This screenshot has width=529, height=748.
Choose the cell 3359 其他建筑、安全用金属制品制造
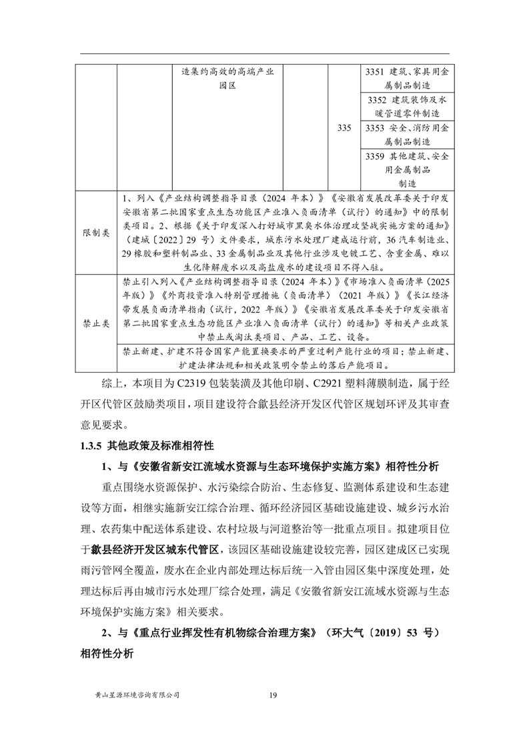tap(407, 169)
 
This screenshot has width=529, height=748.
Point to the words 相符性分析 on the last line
tap(106, 653)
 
